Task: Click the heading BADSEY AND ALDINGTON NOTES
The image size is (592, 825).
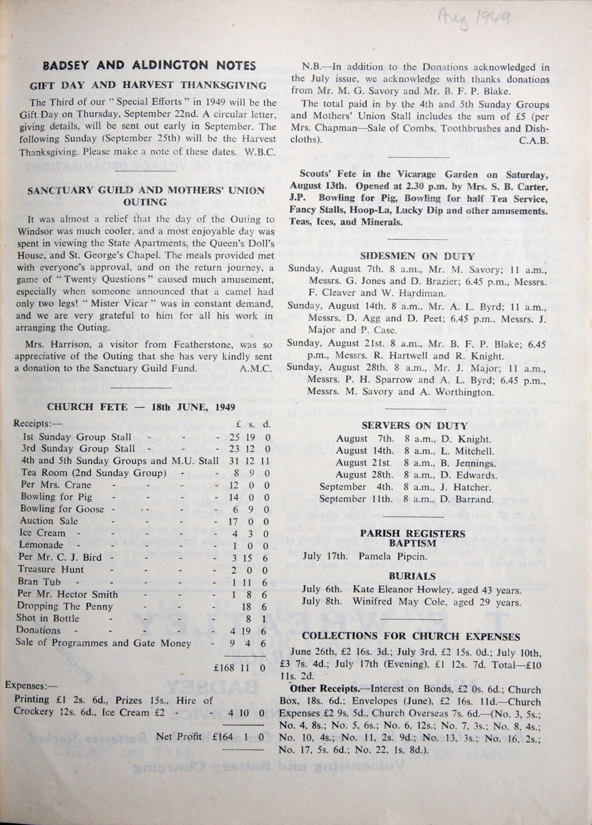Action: (149, 66)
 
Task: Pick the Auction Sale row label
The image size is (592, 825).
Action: (49, 521)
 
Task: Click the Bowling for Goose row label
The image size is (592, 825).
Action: (62, 509)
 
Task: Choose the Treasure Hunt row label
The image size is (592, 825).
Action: (52, 569)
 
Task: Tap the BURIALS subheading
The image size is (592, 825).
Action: (412, 576)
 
